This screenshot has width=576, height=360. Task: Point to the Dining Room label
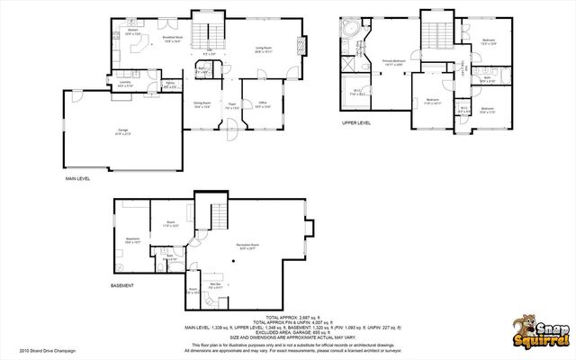(202, 105)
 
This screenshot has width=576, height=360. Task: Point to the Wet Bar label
(216, 286)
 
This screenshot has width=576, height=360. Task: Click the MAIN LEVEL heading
(79, 179)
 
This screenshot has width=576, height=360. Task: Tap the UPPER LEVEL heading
(355, 122)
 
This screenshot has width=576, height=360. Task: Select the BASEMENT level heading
(122, 286)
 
